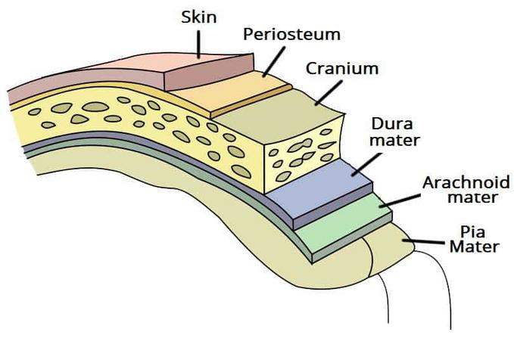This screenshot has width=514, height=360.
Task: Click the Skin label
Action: tap(198, 17)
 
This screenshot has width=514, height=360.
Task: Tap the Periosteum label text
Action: tap(291, 34)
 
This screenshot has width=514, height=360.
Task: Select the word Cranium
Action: tap(342, 69)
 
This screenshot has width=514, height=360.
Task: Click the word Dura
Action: tap(391, 124)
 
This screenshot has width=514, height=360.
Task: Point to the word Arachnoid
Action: tap(466, 182)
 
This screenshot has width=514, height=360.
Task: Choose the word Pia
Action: tap(472, 232)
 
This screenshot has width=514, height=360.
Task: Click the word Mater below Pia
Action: tap(474, 247)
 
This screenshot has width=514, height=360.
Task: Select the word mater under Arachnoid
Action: tap(472, 197)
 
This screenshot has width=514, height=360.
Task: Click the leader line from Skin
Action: tap(198, 45)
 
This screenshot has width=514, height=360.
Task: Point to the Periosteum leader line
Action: tap(274, 61)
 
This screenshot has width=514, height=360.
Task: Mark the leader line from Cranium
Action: tap(329, 93)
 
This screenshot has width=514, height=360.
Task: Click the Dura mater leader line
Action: tap(366, 164)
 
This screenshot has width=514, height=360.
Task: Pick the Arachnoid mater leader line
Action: tap(400, 201)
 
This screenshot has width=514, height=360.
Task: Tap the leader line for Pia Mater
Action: tap(424, 242)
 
